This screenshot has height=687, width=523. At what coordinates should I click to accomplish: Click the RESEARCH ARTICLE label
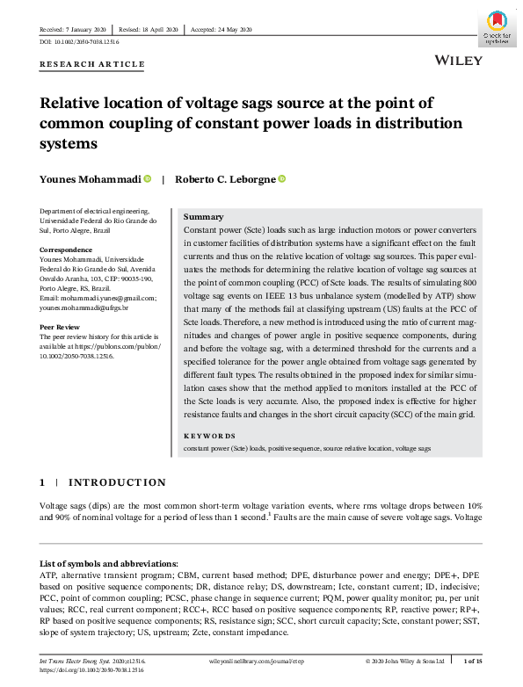[x=92, y=64]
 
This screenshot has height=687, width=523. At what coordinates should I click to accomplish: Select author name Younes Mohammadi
[x=90, y=179]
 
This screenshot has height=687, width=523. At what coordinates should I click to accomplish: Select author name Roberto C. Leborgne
[x=225, y=179]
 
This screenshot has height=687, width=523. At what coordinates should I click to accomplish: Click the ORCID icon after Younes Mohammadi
[x=147, y=179]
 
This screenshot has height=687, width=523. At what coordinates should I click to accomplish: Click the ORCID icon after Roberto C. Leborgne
[x=281, y=179]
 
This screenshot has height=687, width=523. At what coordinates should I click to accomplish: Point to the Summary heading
[x=203, y=216]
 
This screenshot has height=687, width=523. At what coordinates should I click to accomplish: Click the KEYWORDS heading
[x=209, y=435]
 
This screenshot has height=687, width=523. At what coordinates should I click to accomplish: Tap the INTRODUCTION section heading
[x=117, y=482]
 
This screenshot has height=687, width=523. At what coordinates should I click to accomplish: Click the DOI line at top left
[x=79, y=42]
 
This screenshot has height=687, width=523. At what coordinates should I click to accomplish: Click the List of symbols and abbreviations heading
[x=109, y=562]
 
